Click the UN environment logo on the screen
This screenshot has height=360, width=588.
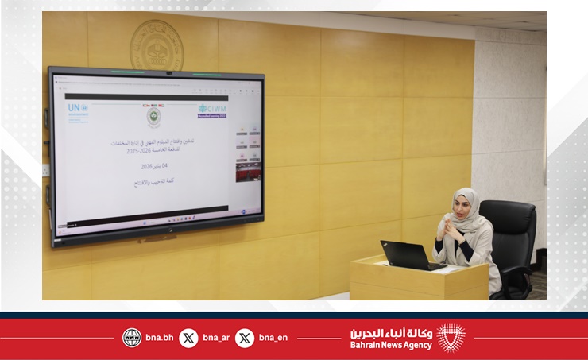[78, 112]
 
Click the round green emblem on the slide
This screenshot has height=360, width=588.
[152, 118]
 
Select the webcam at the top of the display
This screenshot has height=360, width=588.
[168, 73]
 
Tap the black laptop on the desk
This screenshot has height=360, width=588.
[408, 255]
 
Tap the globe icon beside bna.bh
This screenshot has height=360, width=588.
[132, 338]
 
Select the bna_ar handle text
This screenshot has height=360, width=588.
[215, 338]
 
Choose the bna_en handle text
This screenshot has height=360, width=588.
[272, 338]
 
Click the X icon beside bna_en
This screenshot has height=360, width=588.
[245, 338]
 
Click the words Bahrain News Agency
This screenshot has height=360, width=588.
[391, 345]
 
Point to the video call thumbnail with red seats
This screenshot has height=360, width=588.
[248, 171]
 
